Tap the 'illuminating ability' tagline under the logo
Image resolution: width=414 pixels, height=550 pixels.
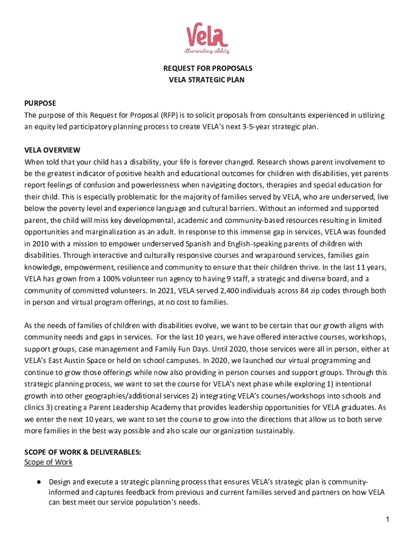[x=207, y=51]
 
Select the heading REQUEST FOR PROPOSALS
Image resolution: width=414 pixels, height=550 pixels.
[x=207, y=69]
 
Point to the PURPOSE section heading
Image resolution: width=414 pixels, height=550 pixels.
[x=40, y=103]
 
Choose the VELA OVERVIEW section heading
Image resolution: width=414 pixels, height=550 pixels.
[x=52, y=150]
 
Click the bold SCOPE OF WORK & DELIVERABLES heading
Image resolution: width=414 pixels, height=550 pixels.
[x=83, y=453]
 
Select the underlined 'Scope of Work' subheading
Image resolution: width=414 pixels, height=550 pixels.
[x=48, y=462]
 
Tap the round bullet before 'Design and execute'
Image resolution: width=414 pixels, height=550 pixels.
[x=39, y=482]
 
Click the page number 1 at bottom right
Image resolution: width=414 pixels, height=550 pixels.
[x=387, y=520]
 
